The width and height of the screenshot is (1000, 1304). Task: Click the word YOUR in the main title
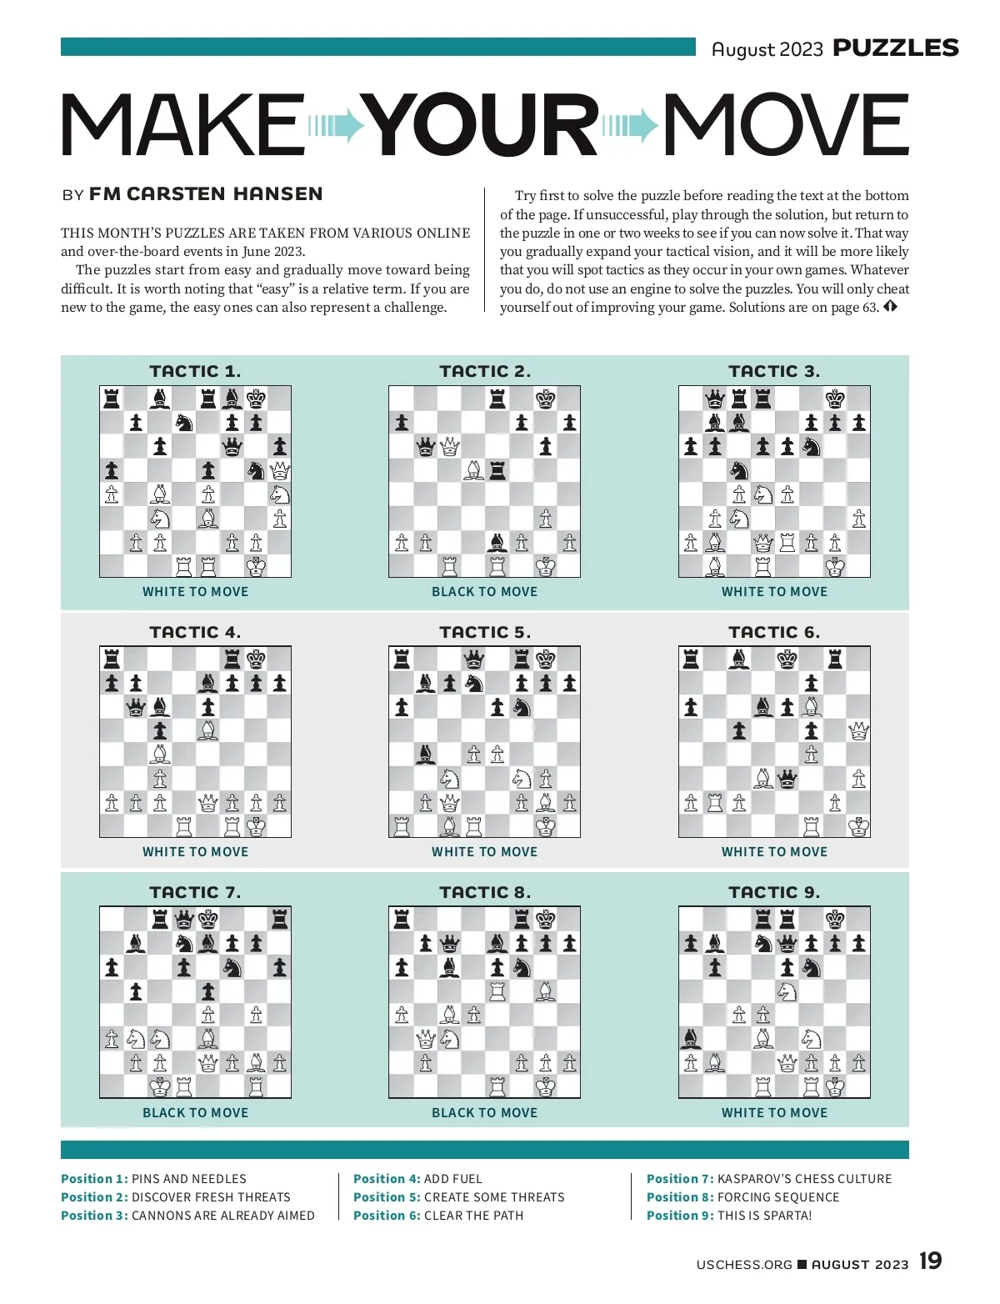pos(483,125)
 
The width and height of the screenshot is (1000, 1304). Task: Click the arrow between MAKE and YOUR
pos(337,126)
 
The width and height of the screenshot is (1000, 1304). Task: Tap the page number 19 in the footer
pos(931,1261)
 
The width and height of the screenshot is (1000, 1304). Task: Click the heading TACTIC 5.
pos(484,632)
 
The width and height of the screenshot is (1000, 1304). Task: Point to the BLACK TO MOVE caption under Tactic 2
pos(484,591)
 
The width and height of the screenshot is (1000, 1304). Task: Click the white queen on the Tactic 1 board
pos(280,470)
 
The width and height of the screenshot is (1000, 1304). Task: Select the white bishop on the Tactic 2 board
pos(473,470)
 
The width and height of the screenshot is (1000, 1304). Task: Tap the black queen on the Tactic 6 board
pos(787,779)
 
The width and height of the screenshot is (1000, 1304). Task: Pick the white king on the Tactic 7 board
pos(159,1086)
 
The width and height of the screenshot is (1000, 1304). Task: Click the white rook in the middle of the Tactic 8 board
pos(497,991)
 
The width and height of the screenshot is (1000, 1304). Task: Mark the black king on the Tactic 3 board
pos(835,399)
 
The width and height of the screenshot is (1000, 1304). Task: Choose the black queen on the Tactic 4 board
pos(136,708)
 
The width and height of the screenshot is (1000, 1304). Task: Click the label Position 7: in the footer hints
pos(680,1179)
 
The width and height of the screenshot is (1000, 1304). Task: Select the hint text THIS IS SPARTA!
pos(764,1216)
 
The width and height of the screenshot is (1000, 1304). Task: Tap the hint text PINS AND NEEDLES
pos(189,1179)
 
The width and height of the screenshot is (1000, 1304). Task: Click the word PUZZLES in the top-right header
pos(896,48)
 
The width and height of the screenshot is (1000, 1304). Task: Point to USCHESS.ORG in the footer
pos(744,1265)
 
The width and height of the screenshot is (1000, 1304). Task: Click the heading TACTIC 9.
pos(774,892)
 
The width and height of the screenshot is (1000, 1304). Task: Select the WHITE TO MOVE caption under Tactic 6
pos(774,852)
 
